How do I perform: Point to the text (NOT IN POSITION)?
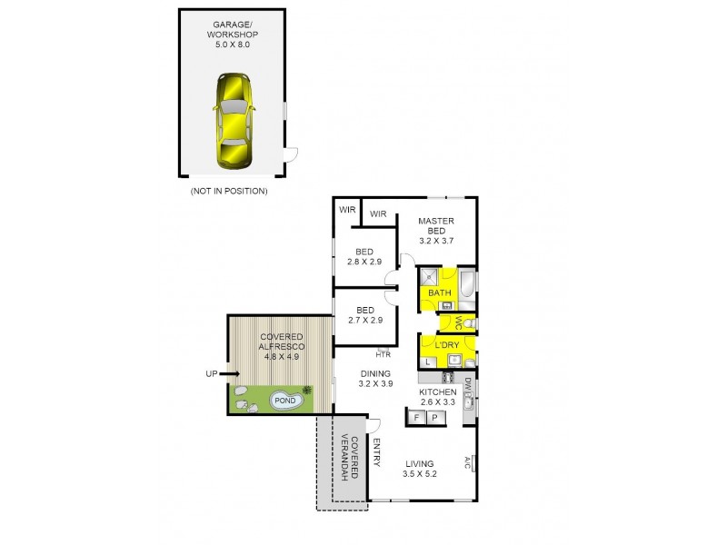coord(228,192)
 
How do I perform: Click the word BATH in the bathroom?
coord(440,292)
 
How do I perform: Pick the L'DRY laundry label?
coord(446,346)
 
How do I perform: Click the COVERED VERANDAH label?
coord(349,459)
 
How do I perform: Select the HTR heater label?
coord(383,354)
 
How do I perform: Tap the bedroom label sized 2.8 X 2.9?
coord(364,257)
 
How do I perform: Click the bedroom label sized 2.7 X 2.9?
coord(364,315)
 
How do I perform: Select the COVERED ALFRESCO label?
coord(281,346)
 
